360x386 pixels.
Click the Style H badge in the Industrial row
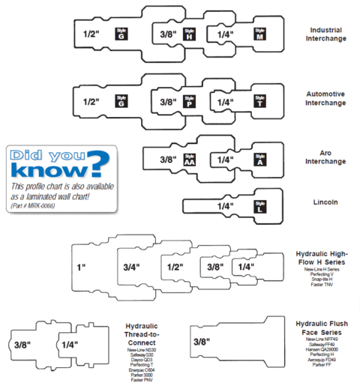[x=188, y=34]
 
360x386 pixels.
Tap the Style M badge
[x=259, y=34]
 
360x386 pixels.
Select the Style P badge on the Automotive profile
[x=188, y=100]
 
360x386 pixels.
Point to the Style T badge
[x=259, y=100]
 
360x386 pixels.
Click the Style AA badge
[x=188, y=158]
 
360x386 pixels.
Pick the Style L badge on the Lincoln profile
[x=259, y=205]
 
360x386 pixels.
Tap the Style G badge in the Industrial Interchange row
[x=120, y=34]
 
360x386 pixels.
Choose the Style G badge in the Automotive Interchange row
[x=120, y=100]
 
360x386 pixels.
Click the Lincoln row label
[x=325, y=202]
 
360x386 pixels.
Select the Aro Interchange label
[x=325, y=157]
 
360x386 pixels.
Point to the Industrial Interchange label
[x=325, y=35]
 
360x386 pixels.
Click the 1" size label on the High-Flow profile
[x=79, y=267]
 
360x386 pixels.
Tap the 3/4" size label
[x=132, y=267]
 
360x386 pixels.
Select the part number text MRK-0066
[x=35, y=205]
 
